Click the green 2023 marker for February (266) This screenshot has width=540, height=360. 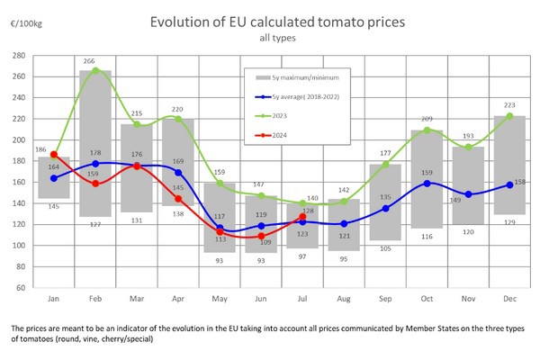tap(95, 70)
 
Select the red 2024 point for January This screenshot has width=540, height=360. tap(54, 155)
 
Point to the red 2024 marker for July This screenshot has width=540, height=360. tap(302, 217)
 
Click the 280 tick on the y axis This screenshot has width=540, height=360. tap(17, 56)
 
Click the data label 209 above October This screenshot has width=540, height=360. tap(427, 119)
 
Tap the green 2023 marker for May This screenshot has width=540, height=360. tap(220, 184)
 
